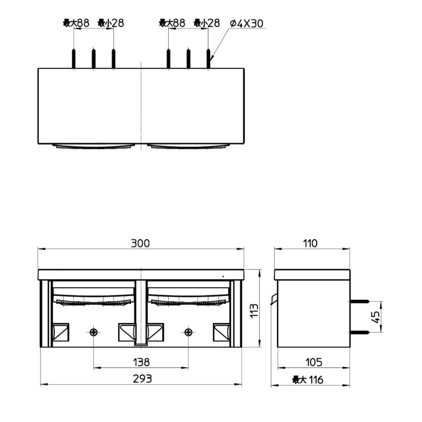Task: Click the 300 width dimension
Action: pyautogui.click(x=140, y=243)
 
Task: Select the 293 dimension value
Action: pyautogui.click(x=142, y=379)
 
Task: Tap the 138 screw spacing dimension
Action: pyautogui.click(x=141, y=362)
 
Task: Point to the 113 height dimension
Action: pyautogui.click(x=254, y=311)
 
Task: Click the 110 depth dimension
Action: pyautogui.click(x=310, y=243)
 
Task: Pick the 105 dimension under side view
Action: pyautogui.click(x=314, y=362)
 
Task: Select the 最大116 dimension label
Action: pyautogui.click(x=308, y=380)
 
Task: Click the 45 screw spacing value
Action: pyautogui.click(x=376, y=317)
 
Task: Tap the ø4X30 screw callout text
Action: pyautogui.click(x=246, y=23)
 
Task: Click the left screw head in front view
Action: pyautogui.click(x=93, y=333)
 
